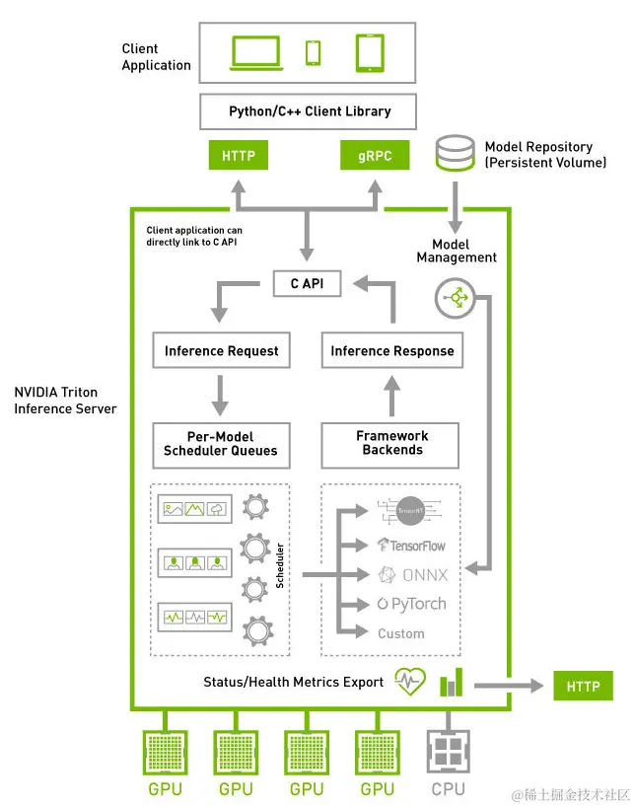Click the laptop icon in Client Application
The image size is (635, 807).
(254, 53)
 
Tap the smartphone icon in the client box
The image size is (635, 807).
(314, 52)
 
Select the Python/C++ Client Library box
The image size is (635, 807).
(310, 111)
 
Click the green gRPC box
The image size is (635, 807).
(374, 156)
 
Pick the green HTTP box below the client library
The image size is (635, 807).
(239, 156)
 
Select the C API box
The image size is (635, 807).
(307, 284)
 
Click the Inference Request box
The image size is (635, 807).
(221, 350)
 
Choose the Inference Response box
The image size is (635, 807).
(391, 350)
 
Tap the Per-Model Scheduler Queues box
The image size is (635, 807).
(221, 444)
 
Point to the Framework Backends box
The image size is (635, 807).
(390, 443)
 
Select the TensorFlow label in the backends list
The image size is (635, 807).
(412, 545)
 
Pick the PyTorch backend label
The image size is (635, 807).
(412, 604)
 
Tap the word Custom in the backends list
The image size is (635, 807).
(401, 633)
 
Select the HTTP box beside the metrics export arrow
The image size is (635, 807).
(583, 686)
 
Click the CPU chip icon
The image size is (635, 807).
(449, 752)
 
